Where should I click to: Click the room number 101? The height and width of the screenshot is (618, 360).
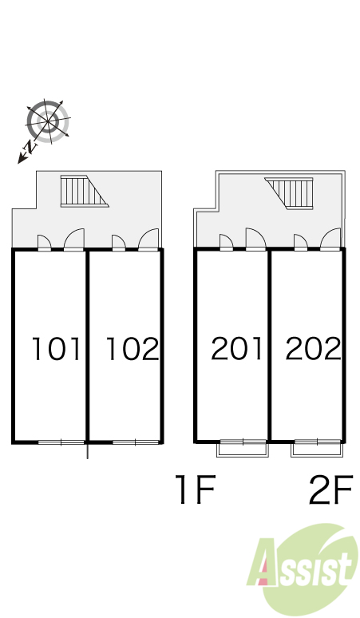[56, 349]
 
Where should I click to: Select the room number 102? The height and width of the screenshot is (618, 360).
[133, 349]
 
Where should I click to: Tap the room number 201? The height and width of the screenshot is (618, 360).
[236, 348]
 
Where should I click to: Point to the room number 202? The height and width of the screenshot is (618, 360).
[313, 348]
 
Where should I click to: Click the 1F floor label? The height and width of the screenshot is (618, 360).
[196, 489]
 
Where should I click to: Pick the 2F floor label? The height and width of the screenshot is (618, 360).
[330, 489]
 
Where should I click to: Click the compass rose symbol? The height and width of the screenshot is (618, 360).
[48, 121]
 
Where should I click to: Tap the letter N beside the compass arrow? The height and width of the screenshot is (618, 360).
[30, 147]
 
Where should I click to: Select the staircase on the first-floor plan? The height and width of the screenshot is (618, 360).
[85, 191]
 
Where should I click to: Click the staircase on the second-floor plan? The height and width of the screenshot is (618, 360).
[290, 193]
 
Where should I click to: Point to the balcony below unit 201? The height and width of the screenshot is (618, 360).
[243, 450]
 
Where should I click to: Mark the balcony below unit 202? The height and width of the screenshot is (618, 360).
[317, 450]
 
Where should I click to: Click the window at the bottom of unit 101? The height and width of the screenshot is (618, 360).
[61, 442]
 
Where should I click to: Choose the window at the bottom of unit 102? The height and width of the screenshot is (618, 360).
[136, 442]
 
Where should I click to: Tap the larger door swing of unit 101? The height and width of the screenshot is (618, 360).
[74, 240]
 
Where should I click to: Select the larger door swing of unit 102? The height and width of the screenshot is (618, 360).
[148, 240]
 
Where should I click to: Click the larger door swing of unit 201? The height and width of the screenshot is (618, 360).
[256, 239]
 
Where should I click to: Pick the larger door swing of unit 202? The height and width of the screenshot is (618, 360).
[330, 239]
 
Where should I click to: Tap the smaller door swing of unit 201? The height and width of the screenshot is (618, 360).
[226, 242]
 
